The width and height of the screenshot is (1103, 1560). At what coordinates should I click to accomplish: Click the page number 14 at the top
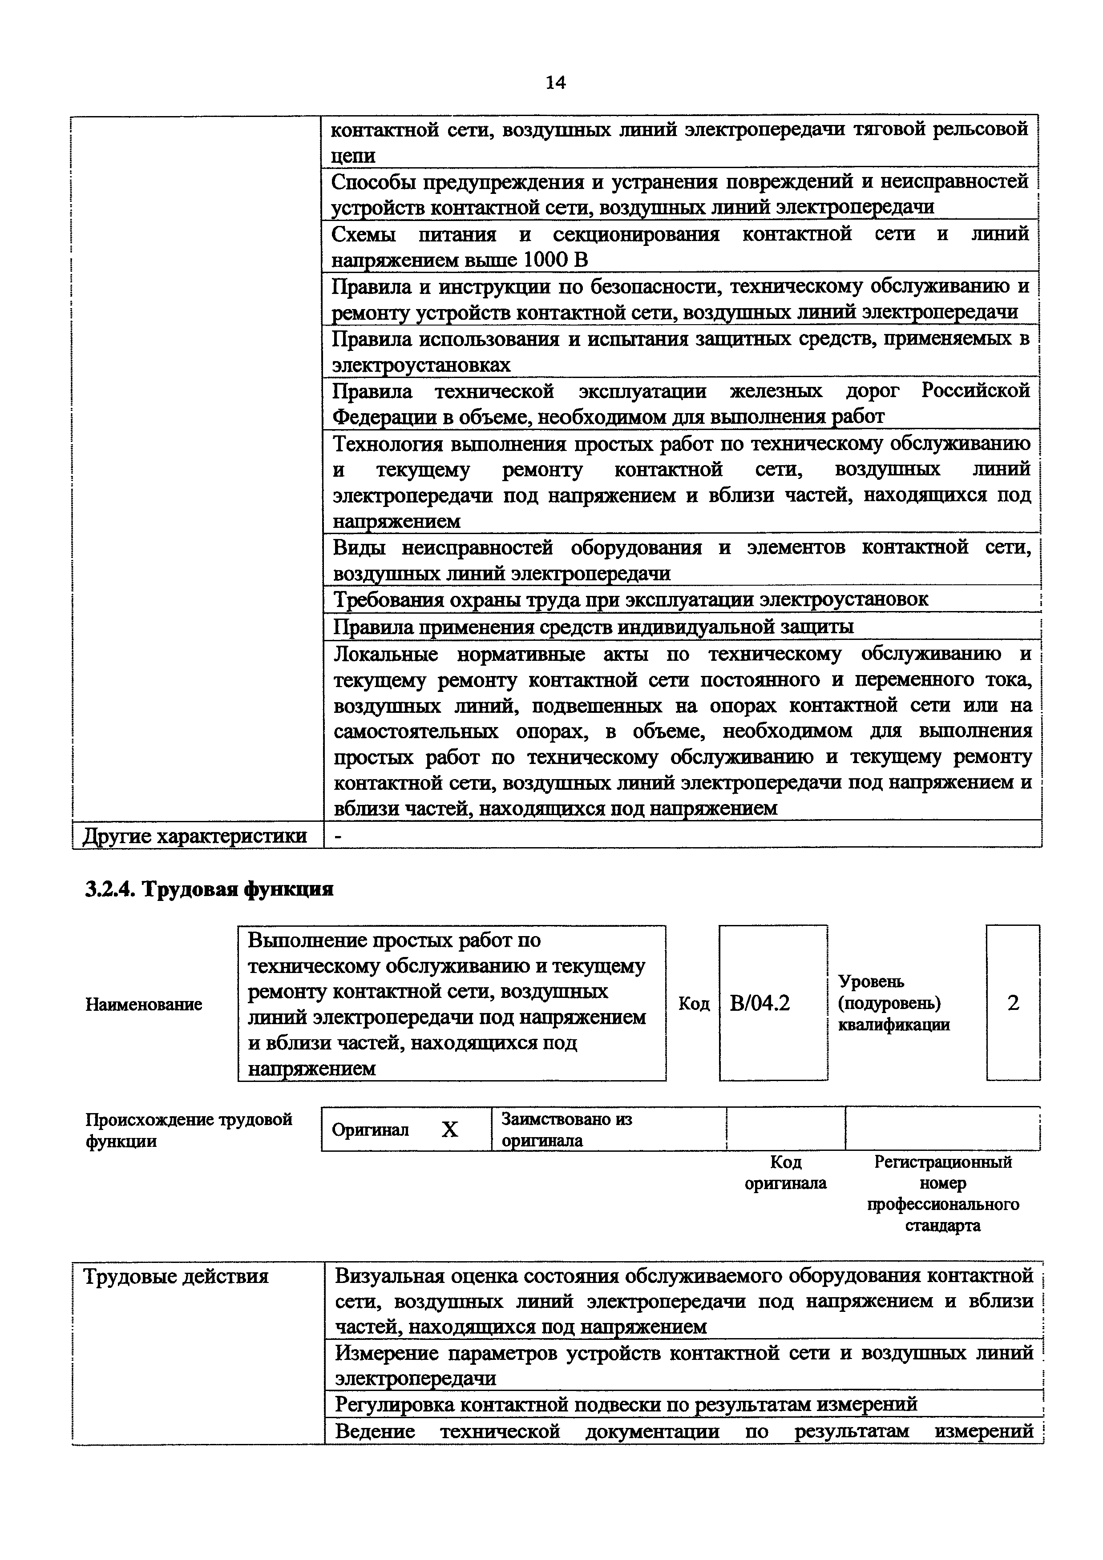tap(554, 82)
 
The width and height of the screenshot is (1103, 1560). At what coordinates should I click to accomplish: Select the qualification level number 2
tap(1013, 1003)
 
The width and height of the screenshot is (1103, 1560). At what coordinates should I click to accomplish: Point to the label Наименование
tap(143, 1004)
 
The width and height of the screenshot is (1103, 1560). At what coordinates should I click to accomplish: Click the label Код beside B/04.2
tap(694, 1004)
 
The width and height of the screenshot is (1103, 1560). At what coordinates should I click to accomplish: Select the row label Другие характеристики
tap(194, 836)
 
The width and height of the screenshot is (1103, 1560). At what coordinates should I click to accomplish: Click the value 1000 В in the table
tap(557, 260)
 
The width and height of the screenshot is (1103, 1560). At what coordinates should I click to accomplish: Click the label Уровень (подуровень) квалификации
tap(893, 1003)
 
